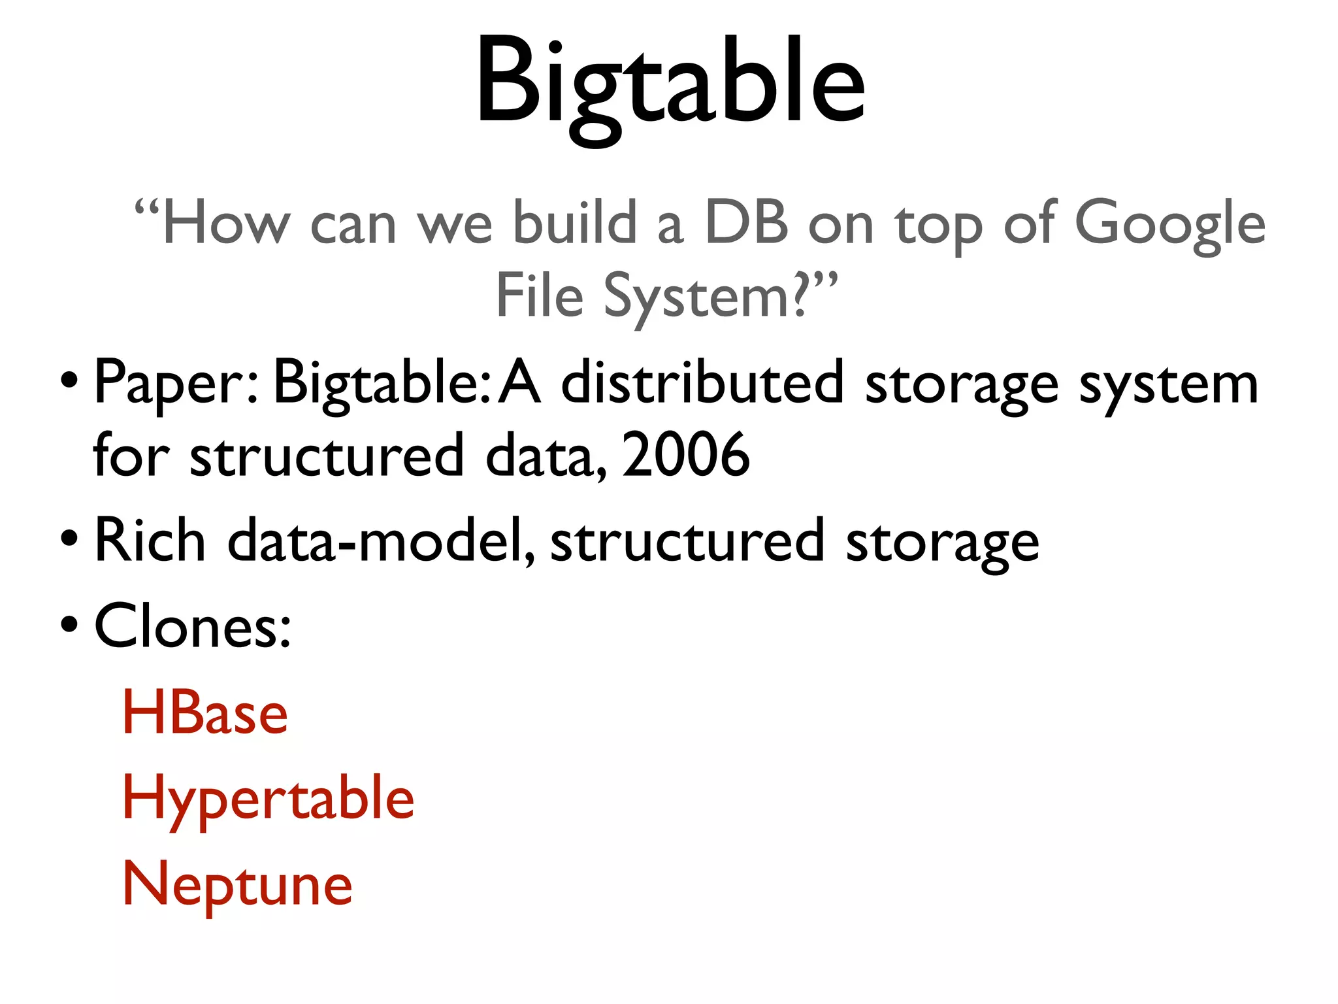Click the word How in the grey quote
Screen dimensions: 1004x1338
(226, 224)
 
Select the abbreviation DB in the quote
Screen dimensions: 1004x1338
(747, 224)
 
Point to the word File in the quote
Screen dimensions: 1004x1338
(540, 296)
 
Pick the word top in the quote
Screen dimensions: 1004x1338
(938, 226)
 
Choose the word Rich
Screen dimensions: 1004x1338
(150, 541)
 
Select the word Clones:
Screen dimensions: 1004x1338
(193, 626)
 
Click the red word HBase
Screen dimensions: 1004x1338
(205, 713)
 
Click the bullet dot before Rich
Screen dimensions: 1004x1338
(69, 539)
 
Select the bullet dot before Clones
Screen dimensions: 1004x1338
(69, 624)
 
